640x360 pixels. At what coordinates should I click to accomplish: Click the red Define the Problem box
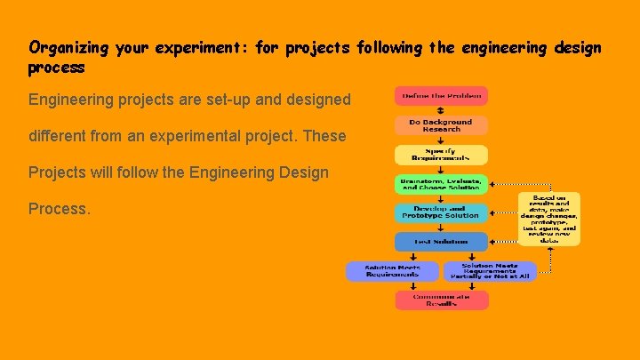[x=442, y=96]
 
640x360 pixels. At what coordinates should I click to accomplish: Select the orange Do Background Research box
[x=442, y=125]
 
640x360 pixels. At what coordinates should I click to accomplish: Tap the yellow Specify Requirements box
[x=442, y=155]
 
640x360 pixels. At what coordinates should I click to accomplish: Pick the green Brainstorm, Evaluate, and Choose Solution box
[x=442, y=184]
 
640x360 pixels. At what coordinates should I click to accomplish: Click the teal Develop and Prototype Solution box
[x=442, y=212]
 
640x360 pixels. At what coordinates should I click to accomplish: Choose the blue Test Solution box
[x=442, y=241]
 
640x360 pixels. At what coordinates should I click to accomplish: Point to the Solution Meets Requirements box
[x=392, y=271]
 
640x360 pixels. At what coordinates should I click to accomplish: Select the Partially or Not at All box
[x=490, y=271]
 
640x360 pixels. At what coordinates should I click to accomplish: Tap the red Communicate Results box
[x=442, y=300]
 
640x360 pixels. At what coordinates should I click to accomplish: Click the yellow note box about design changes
[x=549, y=219]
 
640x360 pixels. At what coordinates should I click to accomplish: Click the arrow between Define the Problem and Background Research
[x=442, y=110]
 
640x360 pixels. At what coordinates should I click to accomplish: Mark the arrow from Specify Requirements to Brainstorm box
[x=442, y=170]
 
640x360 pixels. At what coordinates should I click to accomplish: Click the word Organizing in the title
[x=68, y=48]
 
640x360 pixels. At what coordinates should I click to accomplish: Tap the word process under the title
[x=57, y=68]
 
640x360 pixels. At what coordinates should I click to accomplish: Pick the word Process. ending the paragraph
[x=60, y=209]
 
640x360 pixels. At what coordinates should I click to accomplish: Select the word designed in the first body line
[x=318, y=100]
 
